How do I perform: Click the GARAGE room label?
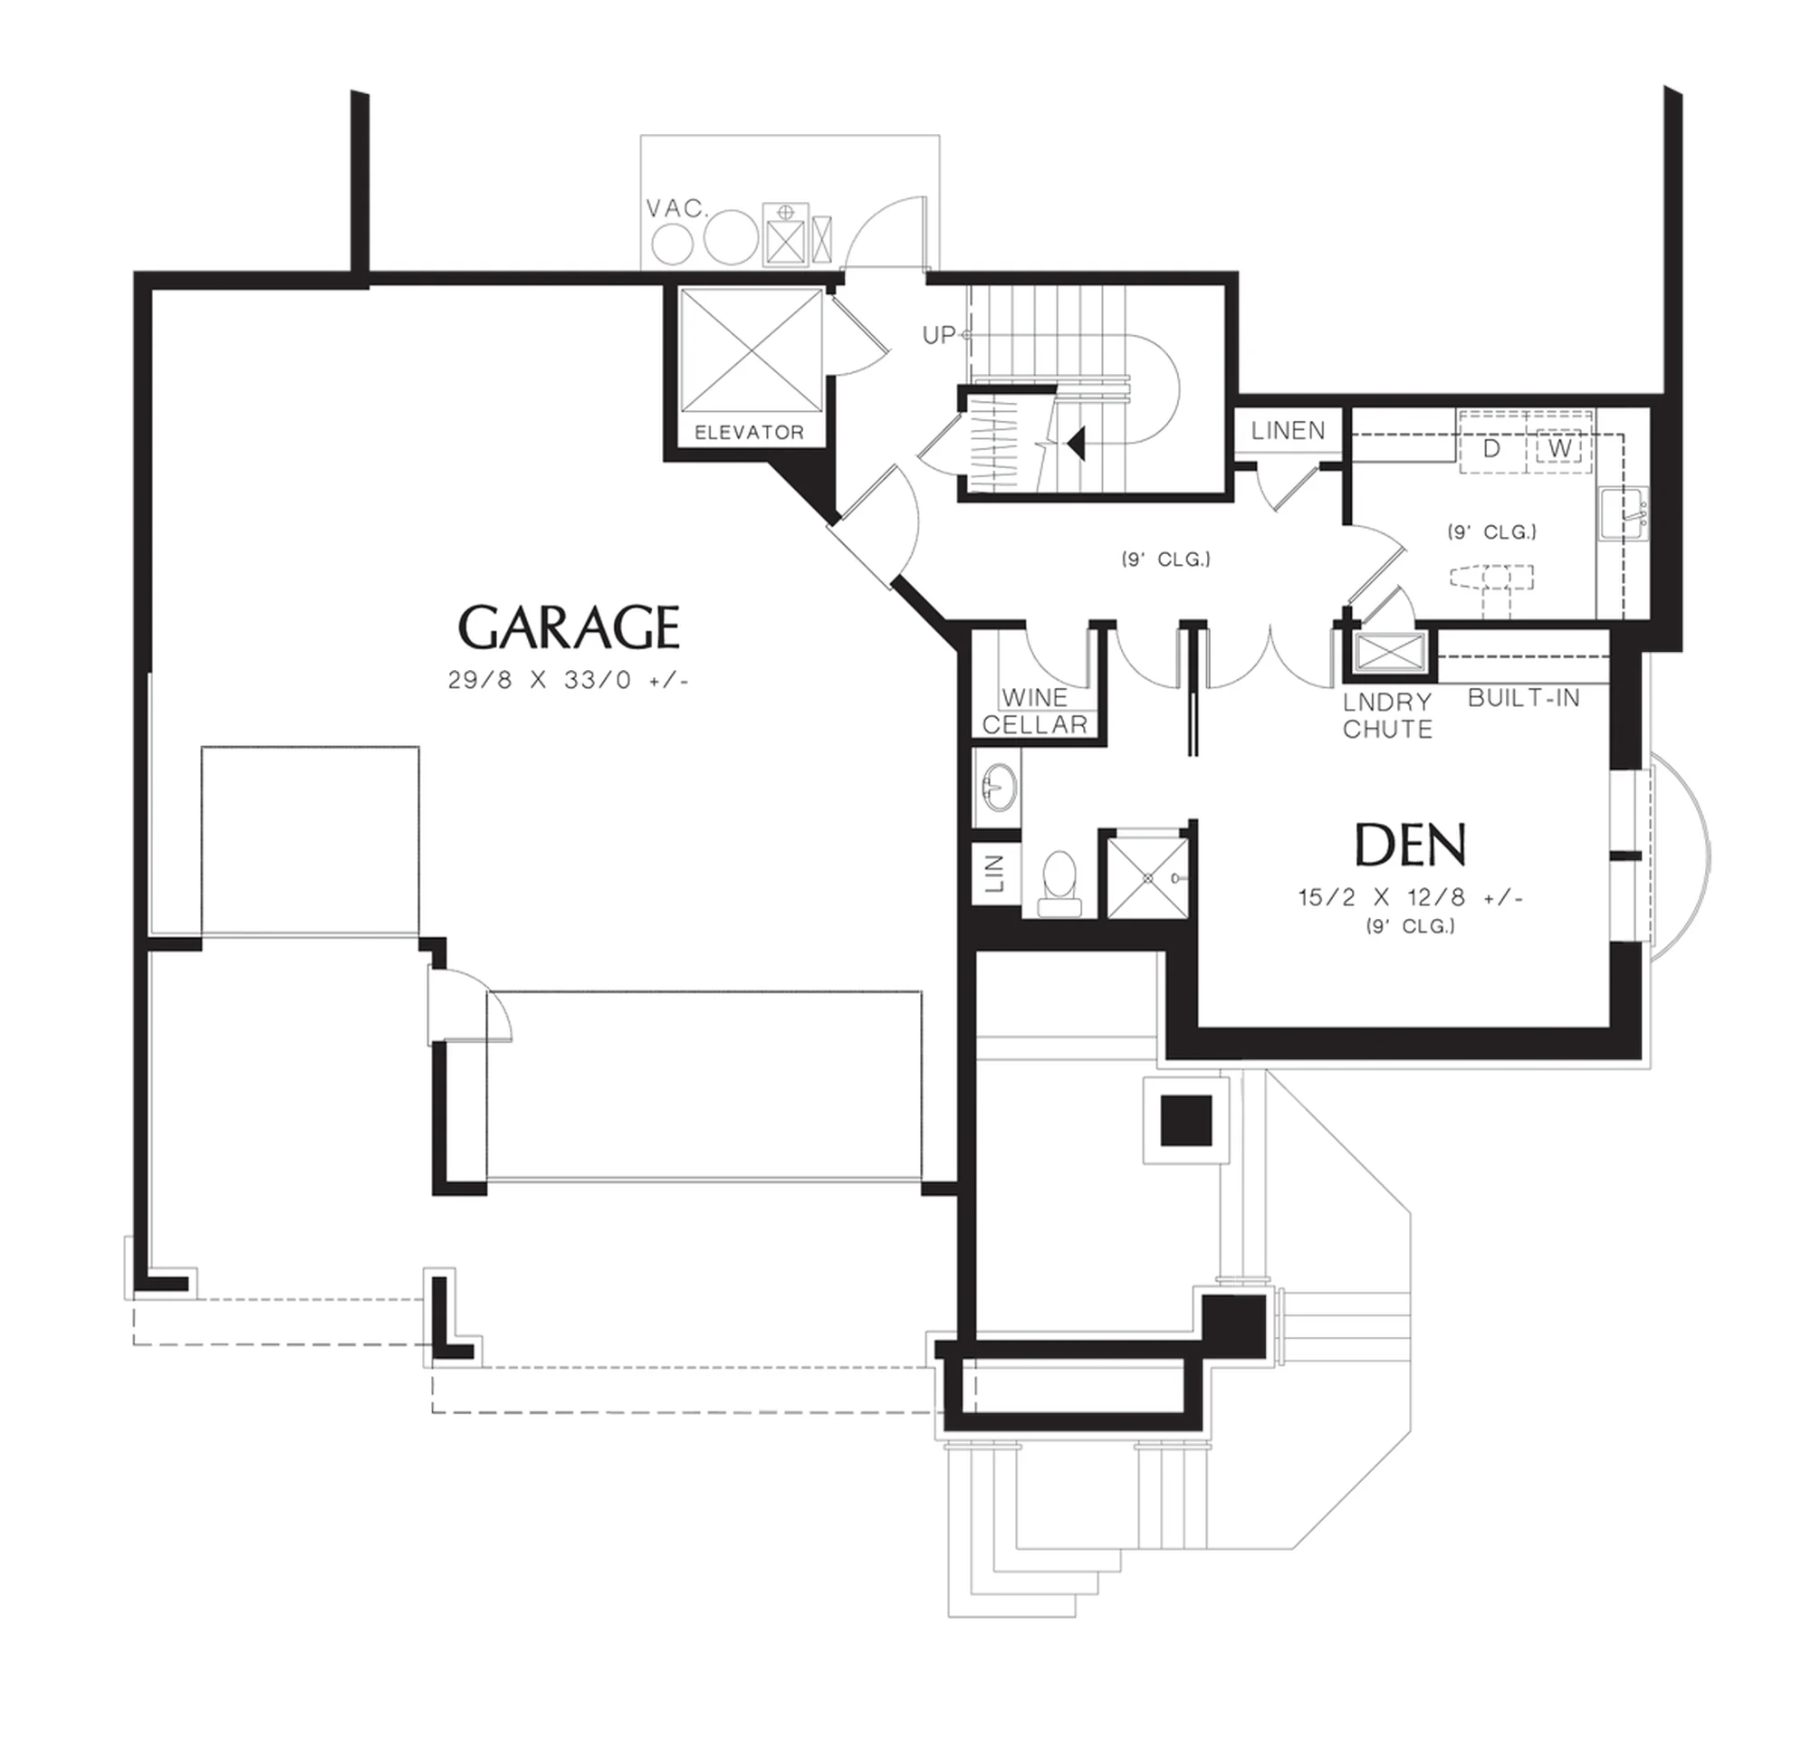coord(569,627)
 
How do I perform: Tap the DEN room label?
coord(1410,845)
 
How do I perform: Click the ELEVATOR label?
coord(749,432)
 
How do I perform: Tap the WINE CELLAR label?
coord(1034,711)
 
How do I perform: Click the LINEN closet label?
coord(1288,430)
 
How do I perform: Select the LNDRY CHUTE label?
coord(1386,715)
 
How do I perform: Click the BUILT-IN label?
coord(1523,698)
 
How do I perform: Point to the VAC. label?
coord(676,209)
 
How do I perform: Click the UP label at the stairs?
coord(938,335)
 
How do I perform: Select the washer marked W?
coord(1559,448)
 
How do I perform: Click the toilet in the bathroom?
coord(1059,883)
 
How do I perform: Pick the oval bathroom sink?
coord(999,787)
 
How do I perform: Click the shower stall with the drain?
coord(1147,877)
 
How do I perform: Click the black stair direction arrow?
coord(1075,444)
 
